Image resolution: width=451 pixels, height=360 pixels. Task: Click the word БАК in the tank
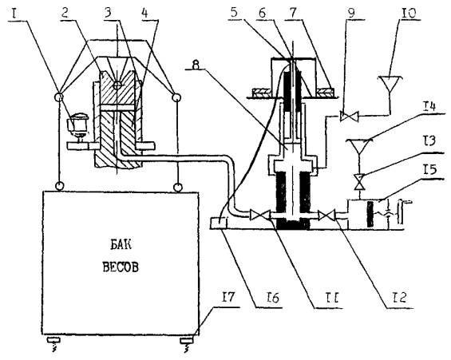pos(121,245)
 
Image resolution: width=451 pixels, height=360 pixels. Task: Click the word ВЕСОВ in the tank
pos(121,267)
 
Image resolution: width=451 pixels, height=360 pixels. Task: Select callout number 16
pos(272,298)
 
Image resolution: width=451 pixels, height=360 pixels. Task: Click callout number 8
pos(196,65)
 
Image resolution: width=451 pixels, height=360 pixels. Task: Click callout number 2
pos(65,13)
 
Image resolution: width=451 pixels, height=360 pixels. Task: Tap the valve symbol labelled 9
pos(349,117)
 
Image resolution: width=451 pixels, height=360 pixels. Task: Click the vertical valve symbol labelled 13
pos(359,182)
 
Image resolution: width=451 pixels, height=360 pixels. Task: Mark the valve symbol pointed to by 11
pos(260,215)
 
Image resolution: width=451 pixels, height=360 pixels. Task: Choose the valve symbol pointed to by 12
pos(326,215)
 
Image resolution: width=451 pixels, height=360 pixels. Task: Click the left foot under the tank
pos(53,341)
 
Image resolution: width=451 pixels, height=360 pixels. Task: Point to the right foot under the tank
pos(187,341)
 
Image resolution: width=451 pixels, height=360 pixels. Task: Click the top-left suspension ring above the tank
pos(59,97)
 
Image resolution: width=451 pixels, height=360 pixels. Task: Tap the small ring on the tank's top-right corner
pos(178,188)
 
